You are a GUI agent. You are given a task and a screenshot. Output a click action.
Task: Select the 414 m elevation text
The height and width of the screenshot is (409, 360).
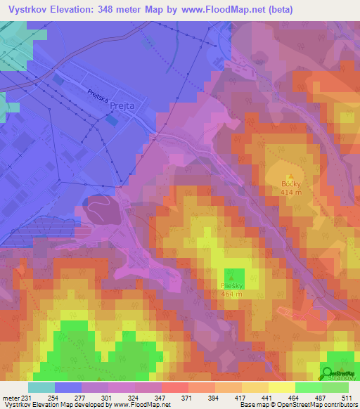291,192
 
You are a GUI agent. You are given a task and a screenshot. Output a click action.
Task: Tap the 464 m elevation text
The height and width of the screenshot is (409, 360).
231,294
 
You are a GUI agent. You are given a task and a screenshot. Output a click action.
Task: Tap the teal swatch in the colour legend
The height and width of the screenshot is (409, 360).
41,387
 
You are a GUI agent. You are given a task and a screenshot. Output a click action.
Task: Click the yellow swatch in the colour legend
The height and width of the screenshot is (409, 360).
281,387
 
